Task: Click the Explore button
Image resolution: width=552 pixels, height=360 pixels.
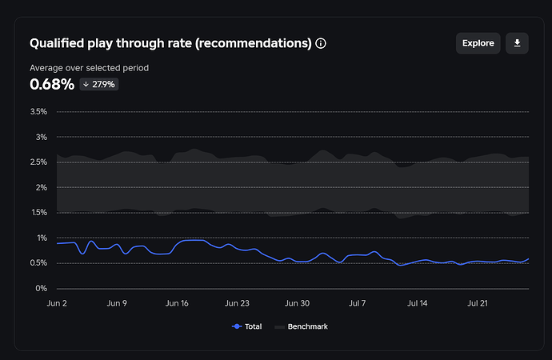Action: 478,43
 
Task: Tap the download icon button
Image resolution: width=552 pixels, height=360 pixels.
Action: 517,43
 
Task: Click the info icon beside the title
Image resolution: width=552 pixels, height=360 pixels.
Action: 321,43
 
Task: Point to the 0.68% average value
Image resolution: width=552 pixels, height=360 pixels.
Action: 52,84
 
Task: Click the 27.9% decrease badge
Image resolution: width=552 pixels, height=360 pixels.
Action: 98,84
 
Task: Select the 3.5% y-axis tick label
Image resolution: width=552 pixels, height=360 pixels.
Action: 38,112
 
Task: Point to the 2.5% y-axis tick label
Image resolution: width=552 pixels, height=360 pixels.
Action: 38,162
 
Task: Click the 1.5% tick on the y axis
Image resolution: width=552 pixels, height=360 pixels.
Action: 38,213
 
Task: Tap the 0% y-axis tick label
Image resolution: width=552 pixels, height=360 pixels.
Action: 41,288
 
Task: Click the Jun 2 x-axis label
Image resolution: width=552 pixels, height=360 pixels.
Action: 57,304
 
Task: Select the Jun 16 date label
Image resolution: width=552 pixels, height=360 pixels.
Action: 177,304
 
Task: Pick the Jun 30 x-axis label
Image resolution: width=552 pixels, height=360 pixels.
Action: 297,304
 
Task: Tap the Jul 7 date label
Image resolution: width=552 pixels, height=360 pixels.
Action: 357,304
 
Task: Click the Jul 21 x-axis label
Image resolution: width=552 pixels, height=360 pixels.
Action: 477,304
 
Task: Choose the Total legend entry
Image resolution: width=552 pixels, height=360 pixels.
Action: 248,326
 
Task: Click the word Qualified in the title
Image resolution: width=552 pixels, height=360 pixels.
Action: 58,43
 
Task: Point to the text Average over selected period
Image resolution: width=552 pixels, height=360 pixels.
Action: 89,68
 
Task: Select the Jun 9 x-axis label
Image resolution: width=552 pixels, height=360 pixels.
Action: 117,304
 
